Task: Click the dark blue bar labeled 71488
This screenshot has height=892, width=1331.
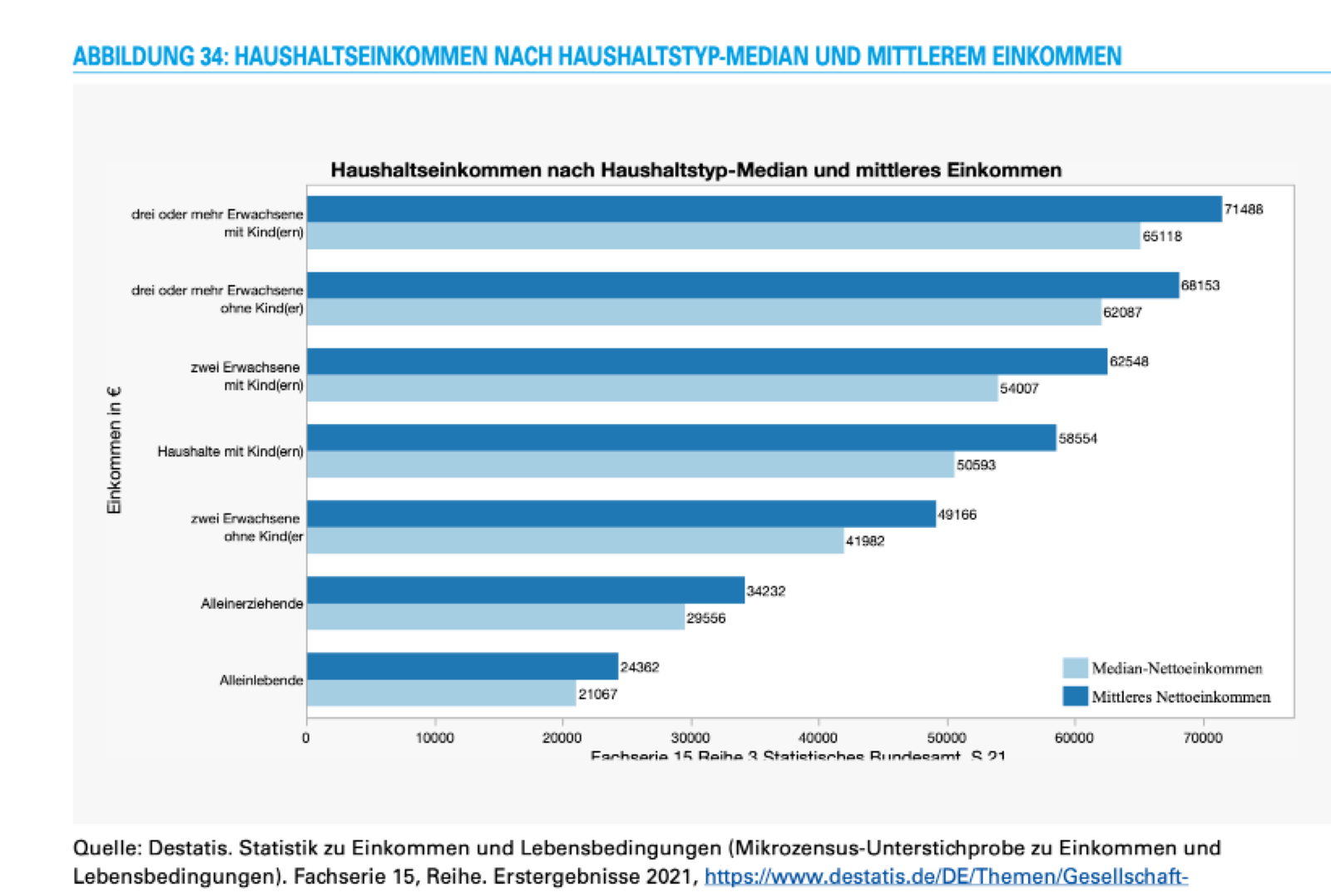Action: (x=764, y=209)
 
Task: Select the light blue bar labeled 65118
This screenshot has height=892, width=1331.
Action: (x=723, y=236)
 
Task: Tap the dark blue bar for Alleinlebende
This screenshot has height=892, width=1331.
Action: (x=463, y=667)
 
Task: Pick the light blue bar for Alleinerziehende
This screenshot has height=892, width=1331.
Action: (x=496, y=617)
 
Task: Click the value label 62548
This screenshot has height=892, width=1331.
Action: (x=1129, y=362)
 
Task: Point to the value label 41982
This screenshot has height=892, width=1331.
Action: (x=865, y=541)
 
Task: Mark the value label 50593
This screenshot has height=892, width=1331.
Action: (x=976, y=465)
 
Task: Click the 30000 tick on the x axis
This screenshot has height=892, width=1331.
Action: (x=690, y=738)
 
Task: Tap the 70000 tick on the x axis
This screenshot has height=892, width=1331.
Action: (x=1203, y=738)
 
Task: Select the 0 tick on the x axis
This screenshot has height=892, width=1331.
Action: (x=306, y=738)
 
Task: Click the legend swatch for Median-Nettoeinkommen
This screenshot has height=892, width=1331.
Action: (x=1075, y=668)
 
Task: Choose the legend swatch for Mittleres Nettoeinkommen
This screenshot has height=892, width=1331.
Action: (x=1075, y=697)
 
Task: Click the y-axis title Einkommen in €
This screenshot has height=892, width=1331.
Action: (x=114, y=450)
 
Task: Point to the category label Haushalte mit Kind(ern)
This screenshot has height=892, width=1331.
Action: (x=230, y=451)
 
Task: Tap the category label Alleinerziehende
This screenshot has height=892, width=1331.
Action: (x=251, y=604)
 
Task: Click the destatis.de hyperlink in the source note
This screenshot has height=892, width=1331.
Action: (x=946, y=876)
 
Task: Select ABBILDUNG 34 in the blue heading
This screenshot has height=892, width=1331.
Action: (x=146, y=57)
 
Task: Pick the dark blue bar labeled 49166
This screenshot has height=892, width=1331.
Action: (x=621, y=514)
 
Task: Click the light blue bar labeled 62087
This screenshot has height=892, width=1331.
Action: (x=704, y=312)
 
